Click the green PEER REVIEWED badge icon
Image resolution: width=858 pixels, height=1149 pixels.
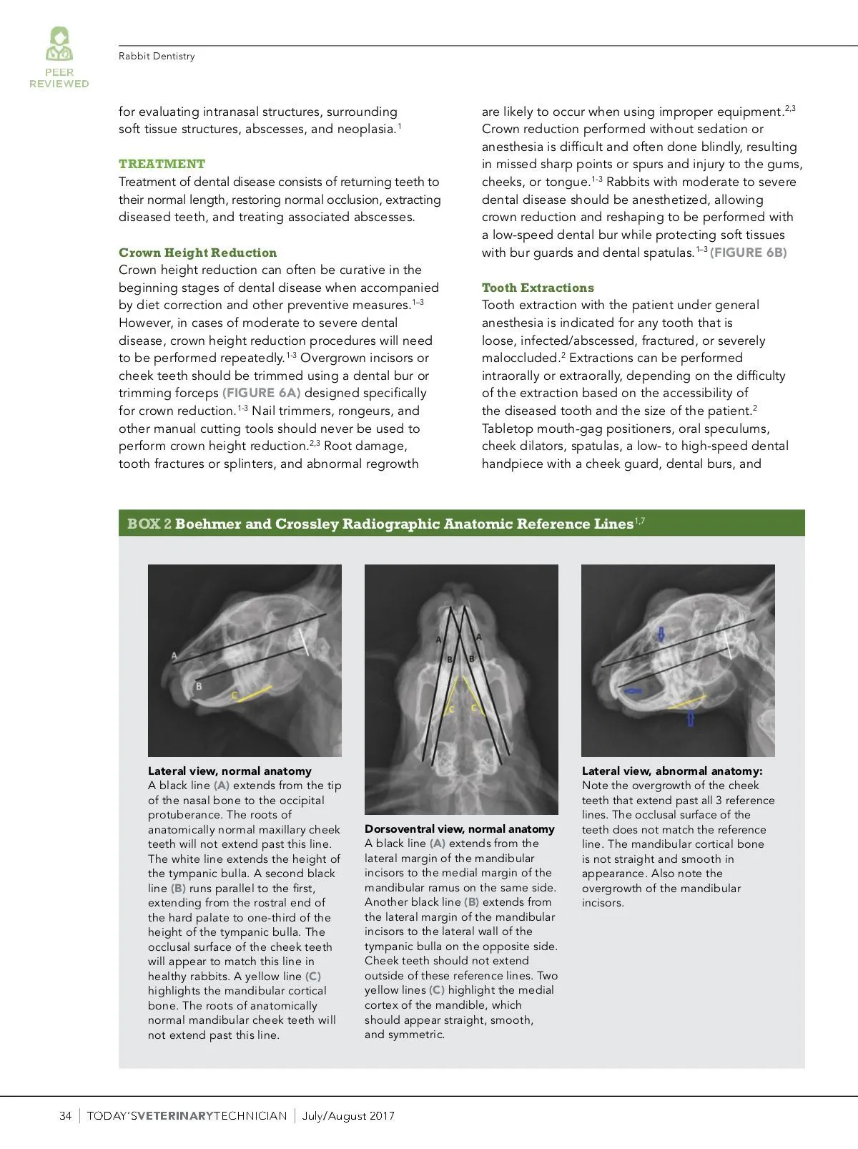(x=59, y=44)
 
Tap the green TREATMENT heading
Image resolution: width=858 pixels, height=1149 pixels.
(x=162, y=164)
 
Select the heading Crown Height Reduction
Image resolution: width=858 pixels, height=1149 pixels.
(x=197, y=253)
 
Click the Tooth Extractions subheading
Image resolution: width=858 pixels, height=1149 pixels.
(x=538, y=288)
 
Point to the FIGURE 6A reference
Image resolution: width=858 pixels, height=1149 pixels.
(x=262, y=393)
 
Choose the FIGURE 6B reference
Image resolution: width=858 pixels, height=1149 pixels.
(x=749, y=253)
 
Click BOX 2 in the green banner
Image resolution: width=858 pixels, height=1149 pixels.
(x=149, y=524)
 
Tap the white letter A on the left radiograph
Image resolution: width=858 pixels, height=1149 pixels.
(x=174, y=655)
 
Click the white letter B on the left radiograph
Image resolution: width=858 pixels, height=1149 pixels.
(x=199, y=687)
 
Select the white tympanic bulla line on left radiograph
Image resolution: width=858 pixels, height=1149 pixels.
(x=305, y=642)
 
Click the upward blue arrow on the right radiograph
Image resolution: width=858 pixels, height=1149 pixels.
(x=691, y=718)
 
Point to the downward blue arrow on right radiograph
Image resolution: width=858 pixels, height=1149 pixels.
(x=661, y=634)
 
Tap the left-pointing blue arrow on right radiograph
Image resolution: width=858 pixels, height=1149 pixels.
(x=633, y=692)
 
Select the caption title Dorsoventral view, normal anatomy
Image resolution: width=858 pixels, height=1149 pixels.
(x=459, y=829)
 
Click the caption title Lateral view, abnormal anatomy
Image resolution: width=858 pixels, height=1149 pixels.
(x=672, y=771)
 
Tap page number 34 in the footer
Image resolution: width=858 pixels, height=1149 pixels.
(x=65, y=1116)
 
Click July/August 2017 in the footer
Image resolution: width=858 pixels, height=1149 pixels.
(x=348, y=1116)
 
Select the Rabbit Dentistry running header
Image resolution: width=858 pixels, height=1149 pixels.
(x=157, y=57)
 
